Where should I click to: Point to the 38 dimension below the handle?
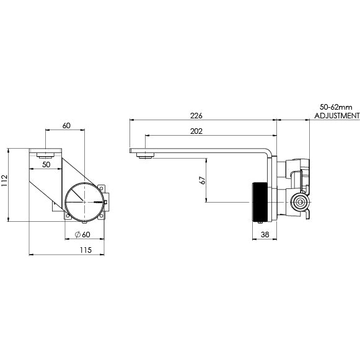265,235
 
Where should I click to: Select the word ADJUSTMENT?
336,116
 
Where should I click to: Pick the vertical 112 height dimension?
6,180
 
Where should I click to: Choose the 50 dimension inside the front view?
46,165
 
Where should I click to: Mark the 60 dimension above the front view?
66,126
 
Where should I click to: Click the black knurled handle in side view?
260,202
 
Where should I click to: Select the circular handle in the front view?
84,202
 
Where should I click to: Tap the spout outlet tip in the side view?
146,157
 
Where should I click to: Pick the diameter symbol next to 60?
77,234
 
